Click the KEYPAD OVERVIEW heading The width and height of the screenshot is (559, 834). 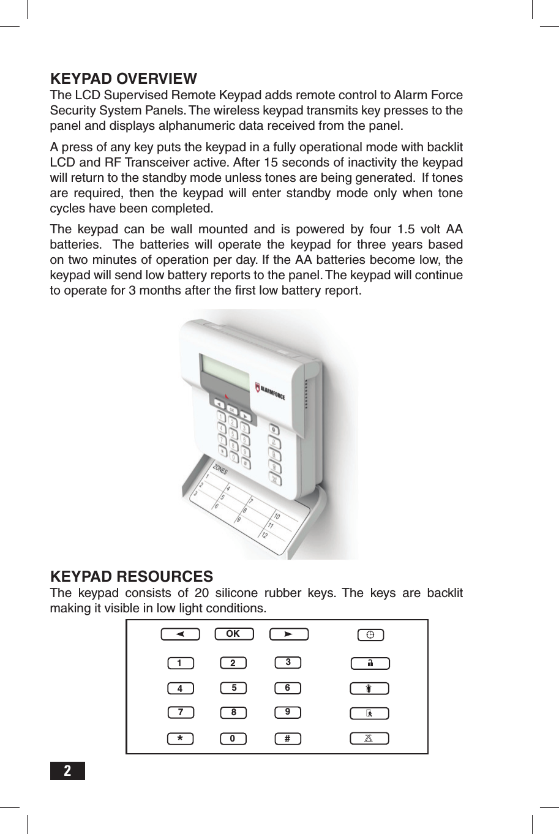[x=123, y=79]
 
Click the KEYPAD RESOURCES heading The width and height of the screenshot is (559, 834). [x=131, y=577]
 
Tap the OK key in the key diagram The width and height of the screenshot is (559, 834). [x=233, y=634]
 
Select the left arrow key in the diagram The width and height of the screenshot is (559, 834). [x=180, y=634]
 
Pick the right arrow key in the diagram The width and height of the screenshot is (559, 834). [x=288, y=634]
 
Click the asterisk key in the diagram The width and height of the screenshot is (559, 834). [x=180, y=738]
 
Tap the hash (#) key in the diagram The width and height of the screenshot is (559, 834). [x=287, y=738]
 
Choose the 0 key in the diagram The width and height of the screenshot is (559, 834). [x=233, y=738]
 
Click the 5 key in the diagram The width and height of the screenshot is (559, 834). [x=233, y=688]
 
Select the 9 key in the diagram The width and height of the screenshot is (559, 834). [x=287, y=712]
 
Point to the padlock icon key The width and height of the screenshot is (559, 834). [x=370, y=663]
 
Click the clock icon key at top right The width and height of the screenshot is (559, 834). [x=370, y=635]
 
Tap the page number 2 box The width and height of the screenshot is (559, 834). [x=67, y=770]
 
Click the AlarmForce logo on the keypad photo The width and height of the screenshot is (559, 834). [x=270, y=391]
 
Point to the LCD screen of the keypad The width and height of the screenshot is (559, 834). [x=225, y=371]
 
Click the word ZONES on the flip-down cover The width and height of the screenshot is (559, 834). [x=220, y=468]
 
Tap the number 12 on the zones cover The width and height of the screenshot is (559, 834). [x=264, y=535]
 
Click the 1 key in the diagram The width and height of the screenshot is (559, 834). [x=180, y=663]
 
